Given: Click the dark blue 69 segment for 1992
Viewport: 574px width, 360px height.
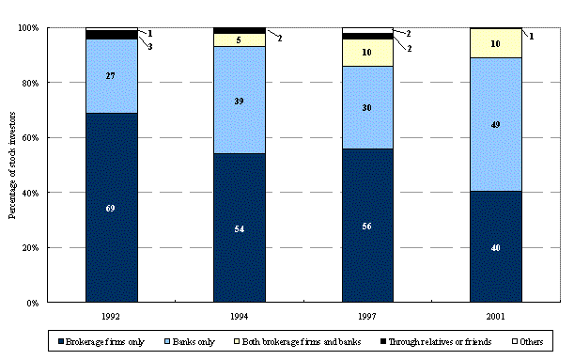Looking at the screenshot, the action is coord(112,208).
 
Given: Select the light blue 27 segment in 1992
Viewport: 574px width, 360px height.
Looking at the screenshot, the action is coord(112,76).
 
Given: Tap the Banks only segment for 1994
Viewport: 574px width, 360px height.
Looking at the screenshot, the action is coord(240,100).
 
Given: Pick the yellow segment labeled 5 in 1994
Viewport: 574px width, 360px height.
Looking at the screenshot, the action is coord(240,39).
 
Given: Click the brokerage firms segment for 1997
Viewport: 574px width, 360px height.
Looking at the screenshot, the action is coord(367,226).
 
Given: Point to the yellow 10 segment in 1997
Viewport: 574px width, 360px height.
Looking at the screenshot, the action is coord(367,53).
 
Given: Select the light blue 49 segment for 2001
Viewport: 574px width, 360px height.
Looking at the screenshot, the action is coord(496,124).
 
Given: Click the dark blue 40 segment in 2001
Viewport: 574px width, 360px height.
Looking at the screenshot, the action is coord(496,246).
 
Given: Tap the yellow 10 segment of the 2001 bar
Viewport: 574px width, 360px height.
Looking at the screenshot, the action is coord(496,43).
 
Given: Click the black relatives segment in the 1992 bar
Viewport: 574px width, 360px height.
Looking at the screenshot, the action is coord(112,35).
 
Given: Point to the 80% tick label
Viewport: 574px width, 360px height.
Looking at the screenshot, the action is coord(30,83).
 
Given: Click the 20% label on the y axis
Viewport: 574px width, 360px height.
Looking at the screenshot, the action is coord(30,248).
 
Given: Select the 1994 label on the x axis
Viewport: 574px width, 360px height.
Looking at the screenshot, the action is coord(239,317).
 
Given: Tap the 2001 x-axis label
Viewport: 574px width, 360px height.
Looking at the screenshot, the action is coord(495,317).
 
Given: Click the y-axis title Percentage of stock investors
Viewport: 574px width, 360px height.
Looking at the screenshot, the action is coord(12,165).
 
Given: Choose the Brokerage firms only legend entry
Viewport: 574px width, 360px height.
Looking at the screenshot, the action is coord(101,342).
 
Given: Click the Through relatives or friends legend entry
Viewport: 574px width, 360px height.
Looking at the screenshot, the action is coord(436,342).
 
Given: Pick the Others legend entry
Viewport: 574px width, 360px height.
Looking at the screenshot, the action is coord(528,342).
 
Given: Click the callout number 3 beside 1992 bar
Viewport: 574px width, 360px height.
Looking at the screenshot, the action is coord(150,47).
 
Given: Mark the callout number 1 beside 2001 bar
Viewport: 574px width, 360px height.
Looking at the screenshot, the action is coord(532,37).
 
